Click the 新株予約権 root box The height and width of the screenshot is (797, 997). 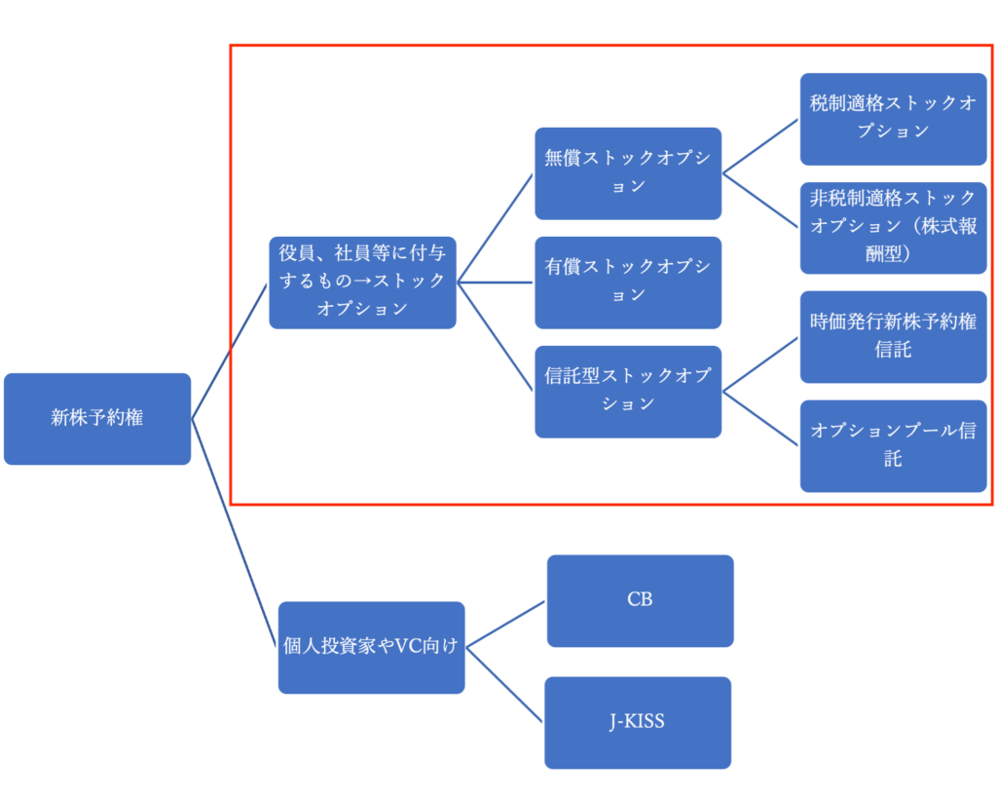[x=97, y=418]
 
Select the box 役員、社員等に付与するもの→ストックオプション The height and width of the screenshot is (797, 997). [x=362, y=282]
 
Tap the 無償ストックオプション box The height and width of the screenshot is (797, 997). [x=628, y=172]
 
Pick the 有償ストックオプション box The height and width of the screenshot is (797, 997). [x=628, y=282]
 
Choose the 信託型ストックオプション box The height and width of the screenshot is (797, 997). [x=628, y=390]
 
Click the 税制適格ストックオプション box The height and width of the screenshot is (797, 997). [x=893, y=118]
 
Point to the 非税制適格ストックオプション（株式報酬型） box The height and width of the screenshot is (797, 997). [x=893, y=227]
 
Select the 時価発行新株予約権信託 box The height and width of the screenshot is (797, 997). [x=893, y=335]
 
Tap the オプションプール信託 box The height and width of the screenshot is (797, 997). [x=893, y=444]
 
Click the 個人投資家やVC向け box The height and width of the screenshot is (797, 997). [x=371, y=647]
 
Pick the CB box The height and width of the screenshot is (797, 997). [x=640, y=600]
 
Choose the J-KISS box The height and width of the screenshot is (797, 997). [x=638, y=722]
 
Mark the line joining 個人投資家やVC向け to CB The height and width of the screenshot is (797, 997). [x=505, y=624]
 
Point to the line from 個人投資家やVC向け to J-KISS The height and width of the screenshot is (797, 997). [x=504, y=684]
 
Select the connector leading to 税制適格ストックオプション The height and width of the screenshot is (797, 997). [x=760, y=145]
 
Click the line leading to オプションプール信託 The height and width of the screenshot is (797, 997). [x=760, y=417]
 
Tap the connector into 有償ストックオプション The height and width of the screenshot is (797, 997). [x=496, y=283]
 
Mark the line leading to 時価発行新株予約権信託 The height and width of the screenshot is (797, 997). [x=760, y=362]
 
